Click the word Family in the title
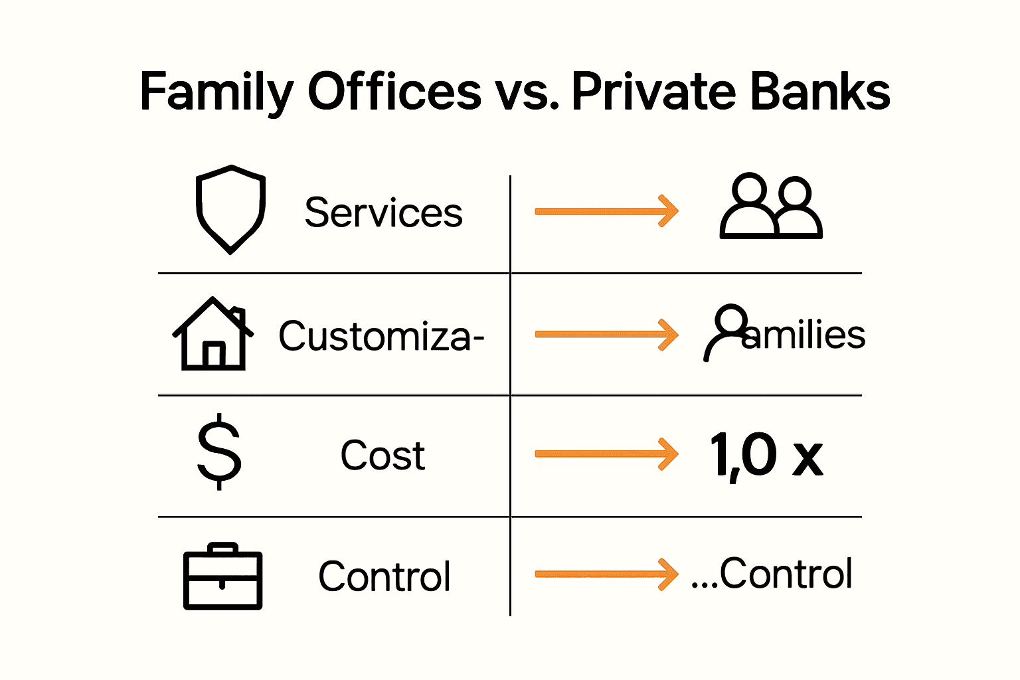(x=216, y=92)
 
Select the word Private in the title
(x=653, y=92)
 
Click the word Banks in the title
(x=820, y=92)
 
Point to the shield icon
(x=230, y=209)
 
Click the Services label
(x=383, y=213)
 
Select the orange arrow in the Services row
(x=606, y=211)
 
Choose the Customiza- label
(x=381, y=336)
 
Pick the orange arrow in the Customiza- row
(x=606, y=334)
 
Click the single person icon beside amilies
(x=725, y=332)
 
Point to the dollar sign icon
(x=219, y=452)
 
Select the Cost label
(x=382, y=456)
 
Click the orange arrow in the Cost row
(x=606, y=454)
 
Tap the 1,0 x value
(x=766, y=456)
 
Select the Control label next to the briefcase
(x=384, y=576)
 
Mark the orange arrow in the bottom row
(x=606, y=574)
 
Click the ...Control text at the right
(x=772, y=574)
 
